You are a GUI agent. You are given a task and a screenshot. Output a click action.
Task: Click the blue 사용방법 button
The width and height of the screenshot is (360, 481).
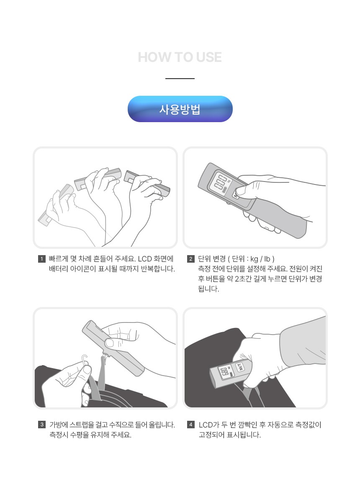click(x=180, y=109)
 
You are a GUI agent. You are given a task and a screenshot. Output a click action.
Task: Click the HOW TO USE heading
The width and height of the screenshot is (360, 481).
click(x=180, y=57)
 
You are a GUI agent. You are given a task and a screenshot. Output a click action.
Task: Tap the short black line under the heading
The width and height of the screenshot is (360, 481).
click(x=180, y=79)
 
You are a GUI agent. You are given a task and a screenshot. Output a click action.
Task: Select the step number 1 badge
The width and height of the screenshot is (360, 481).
click(x=41, y=259)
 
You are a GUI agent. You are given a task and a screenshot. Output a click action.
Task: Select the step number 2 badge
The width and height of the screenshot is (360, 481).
click(x=190, y=259)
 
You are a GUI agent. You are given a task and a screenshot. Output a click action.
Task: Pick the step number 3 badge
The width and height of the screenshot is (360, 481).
click(x=42, y=425)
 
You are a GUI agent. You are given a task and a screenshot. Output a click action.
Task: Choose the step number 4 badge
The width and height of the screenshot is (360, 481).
click(x=190, y=425)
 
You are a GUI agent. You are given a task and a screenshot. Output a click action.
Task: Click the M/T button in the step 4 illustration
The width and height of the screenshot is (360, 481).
click(x=240, y=366)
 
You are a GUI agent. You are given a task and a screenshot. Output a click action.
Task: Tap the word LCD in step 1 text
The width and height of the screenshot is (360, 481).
click(x=145, y=259)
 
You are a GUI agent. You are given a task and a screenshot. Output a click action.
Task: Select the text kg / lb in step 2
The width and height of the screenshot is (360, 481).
click(x=260, y=259)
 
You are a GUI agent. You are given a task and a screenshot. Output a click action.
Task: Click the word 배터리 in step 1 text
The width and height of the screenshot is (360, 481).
click(x=59, y=269)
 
